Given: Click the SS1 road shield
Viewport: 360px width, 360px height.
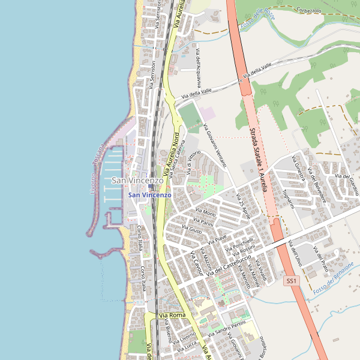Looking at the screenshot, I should coord(291,281).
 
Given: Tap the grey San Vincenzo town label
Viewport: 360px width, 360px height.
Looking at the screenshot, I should coord(137,181).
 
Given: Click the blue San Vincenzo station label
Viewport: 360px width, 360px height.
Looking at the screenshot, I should coord(150,195).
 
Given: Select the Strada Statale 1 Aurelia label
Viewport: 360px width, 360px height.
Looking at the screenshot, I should coord(258,159).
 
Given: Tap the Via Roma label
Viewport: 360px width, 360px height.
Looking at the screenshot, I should coord(172,315).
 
